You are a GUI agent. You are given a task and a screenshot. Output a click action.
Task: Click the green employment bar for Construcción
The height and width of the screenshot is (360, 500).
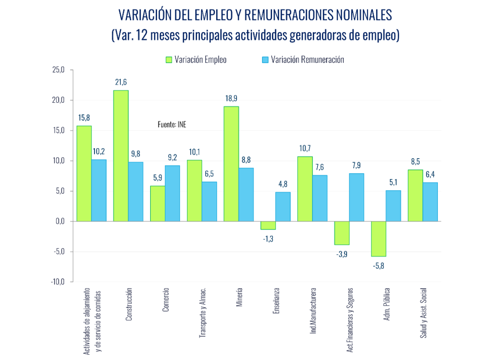tap(121, 155)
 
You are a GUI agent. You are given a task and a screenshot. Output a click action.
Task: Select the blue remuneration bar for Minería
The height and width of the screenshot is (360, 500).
tap(246, 195)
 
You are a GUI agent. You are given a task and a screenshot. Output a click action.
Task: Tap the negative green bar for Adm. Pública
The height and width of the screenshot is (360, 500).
tap(379, 239)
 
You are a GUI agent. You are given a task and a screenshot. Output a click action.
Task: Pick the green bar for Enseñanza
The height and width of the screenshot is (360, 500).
tap(268, 225)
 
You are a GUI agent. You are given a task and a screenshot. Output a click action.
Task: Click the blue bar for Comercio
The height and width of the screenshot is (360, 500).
tap(173, 193)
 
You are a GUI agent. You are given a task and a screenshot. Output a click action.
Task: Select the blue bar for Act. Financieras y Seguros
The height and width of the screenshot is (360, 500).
tap(356, 197)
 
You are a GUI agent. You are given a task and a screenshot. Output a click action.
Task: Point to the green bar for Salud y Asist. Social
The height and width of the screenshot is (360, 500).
tap(416, 195)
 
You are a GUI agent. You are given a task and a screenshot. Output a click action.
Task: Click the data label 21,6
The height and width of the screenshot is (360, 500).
tap(121, 82)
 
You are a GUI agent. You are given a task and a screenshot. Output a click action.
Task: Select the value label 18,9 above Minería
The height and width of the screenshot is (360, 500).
tap(231, 98)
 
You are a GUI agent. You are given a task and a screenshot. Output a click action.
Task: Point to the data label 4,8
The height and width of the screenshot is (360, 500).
tap(283, 184)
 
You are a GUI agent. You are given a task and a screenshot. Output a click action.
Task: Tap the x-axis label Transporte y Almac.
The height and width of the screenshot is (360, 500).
tap(203, 312)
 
